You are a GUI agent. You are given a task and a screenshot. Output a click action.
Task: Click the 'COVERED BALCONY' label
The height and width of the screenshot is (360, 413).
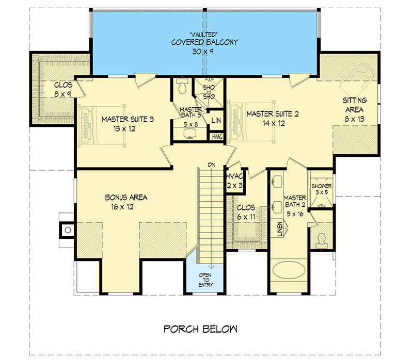205,42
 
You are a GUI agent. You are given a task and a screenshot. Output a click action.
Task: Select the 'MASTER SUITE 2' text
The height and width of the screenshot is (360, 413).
272,113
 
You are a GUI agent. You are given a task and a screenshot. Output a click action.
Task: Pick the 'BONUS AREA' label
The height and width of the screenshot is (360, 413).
126,197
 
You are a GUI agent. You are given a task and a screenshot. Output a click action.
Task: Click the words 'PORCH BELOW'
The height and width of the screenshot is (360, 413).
200,329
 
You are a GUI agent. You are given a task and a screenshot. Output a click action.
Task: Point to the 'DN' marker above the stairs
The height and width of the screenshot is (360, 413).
211,165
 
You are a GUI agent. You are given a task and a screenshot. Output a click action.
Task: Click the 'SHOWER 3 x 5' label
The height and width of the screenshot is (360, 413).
322,189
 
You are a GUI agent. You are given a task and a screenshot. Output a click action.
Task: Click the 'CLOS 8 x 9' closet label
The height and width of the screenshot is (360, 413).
63,89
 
